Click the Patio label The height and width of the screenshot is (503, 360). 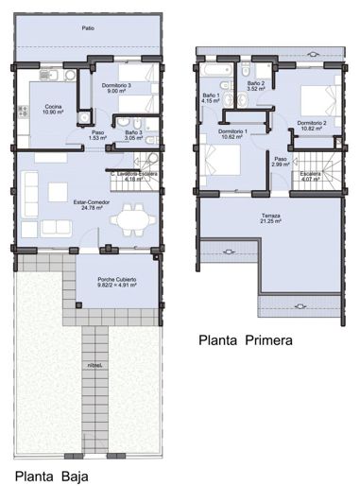pos(87,28)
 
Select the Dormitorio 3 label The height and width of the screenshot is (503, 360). pos(116,89)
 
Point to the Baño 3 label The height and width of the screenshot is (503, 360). pos(131,135)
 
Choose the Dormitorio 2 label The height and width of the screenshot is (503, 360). pos(311,126)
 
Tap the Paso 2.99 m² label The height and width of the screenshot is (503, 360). pos(281,162)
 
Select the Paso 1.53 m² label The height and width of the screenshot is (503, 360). pos(98,135)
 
